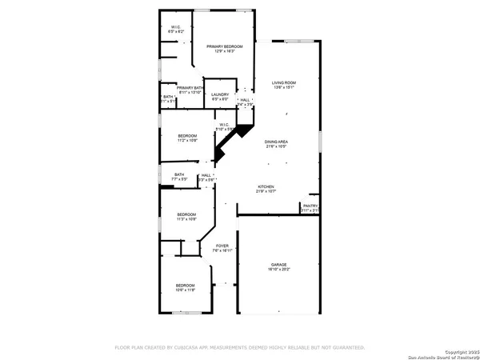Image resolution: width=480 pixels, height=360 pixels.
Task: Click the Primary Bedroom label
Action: (224, 47)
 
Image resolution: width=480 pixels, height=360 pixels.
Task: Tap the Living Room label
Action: (284, 82)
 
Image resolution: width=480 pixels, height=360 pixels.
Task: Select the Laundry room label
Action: (221, 95)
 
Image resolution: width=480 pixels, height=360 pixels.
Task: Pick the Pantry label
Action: (310, 206)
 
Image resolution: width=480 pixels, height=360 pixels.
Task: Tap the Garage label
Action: (278, 264)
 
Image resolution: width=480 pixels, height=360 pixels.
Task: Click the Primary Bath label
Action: (192, 88)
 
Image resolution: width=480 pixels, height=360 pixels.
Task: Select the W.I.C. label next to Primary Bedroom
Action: (177, 28)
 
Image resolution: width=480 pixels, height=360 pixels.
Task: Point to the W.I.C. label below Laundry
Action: (224, 124)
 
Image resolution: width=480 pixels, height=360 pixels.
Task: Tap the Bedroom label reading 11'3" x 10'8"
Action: (186, 214)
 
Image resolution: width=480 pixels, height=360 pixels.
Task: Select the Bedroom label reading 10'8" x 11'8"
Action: (185, 286)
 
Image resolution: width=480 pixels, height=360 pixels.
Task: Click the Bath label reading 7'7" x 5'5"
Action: (179, 174)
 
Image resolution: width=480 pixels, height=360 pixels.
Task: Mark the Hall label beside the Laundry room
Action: (245, 100)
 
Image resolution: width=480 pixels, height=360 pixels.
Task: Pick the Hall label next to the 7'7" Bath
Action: (206, 175)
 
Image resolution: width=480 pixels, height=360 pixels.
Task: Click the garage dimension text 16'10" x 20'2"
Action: (278, 270)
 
